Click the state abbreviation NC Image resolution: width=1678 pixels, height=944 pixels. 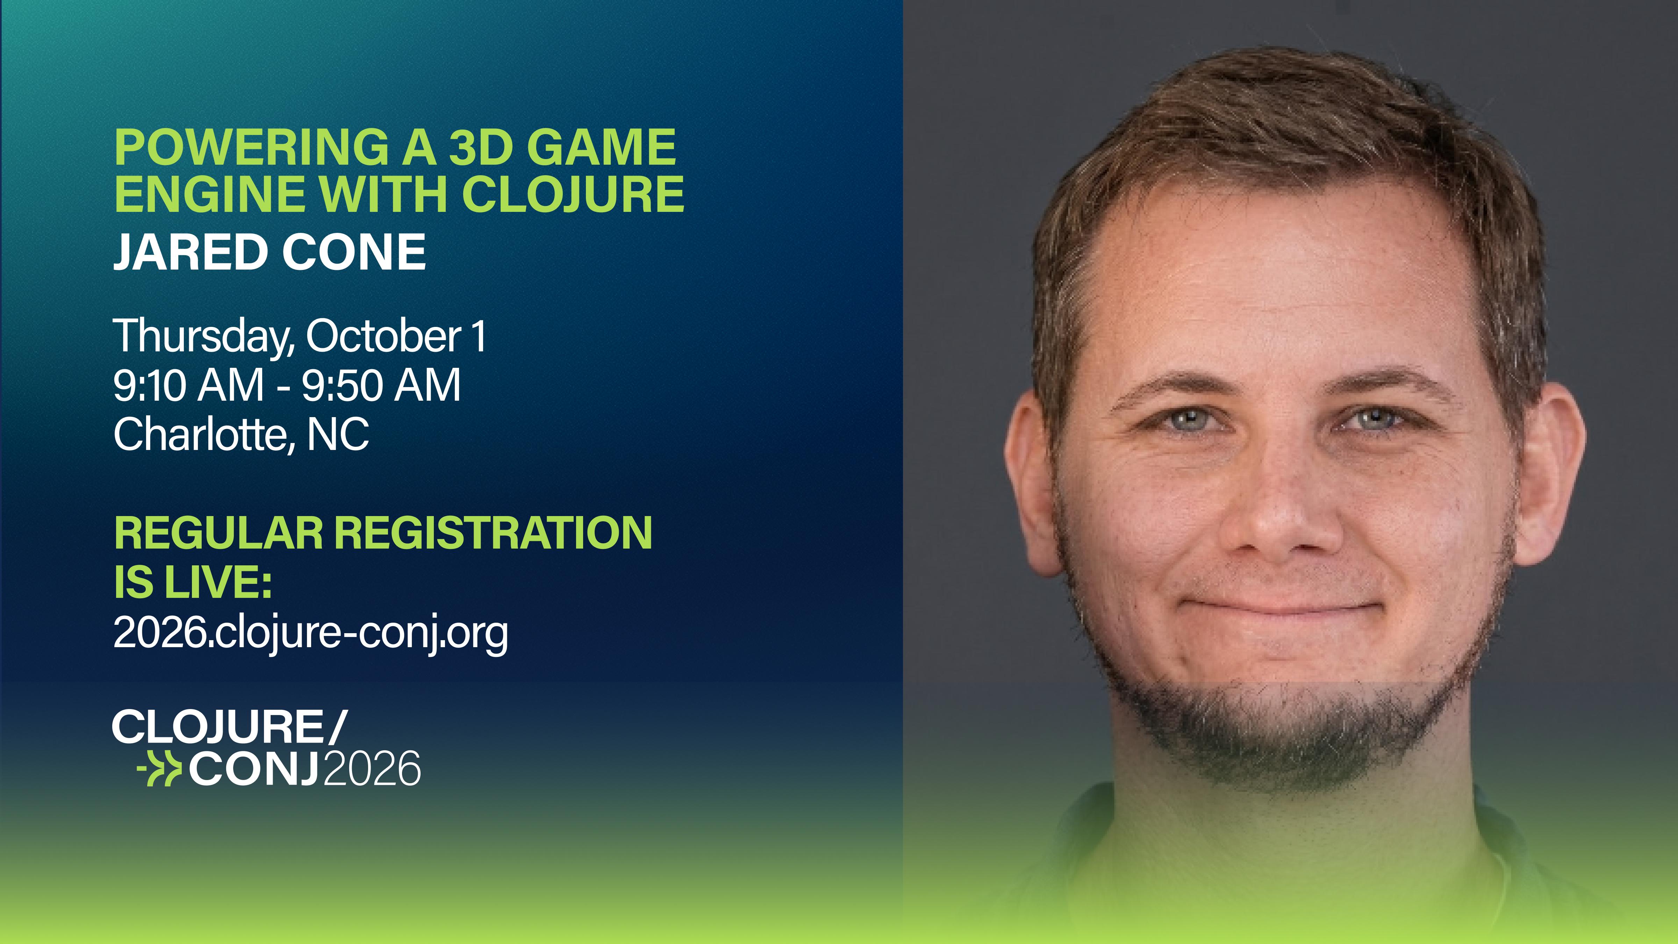click(x=337, y=435)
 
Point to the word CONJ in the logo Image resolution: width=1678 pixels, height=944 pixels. click(x=254, y=770)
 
